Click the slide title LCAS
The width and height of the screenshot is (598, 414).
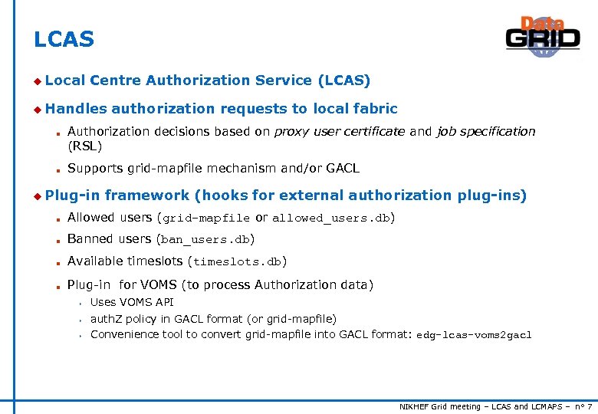64,40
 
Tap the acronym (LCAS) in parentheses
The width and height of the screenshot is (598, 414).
343,80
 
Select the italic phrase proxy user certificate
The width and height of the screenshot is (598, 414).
340,131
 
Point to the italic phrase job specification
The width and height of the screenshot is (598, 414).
486,131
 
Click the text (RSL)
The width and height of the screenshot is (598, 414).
84,146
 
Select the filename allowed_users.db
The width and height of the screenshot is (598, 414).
331,219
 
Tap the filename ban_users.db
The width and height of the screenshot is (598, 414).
205,240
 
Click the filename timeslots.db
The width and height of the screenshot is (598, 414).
237,261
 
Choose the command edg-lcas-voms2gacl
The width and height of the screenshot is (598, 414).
474,335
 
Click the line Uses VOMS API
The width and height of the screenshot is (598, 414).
132,302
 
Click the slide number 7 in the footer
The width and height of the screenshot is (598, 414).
589,406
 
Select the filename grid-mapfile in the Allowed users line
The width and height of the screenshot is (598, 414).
205,219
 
